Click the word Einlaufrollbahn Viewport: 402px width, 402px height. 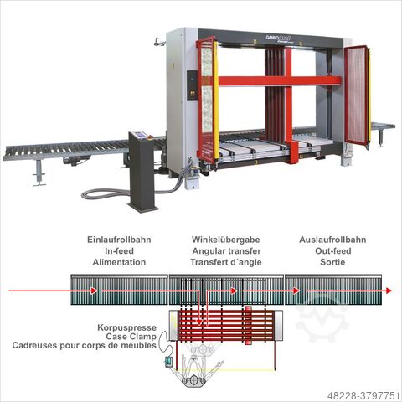pos(119,240)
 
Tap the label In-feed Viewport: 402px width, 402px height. pos(119,251)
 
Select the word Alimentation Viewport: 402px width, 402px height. pos(119,262)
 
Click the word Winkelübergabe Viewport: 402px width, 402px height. pos(226,240)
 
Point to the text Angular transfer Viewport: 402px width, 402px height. pos(226,251)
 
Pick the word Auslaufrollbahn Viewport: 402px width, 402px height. pos(332,240)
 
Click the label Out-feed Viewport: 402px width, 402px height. pos(333,251)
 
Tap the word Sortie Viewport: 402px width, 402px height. pos(332,262)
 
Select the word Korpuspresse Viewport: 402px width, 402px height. pos(126,327)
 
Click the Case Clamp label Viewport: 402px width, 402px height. pos(131,337)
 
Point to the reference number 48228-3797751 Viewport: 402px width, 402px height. pos(363,395)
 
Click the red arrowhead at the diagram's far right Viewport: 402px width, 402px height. pos(389,291)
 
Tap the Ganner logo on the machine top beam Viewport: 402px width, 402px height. pos(279,38)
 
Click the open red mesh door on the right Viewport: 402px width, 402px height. pos(356,95)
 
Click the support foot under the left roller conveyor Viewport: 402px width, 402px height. pos(39,174)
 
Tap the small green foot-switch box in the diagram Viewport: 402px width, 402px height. pos(168,362)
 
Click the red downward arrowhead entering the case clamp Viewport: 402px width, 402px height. pos(199,322)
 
